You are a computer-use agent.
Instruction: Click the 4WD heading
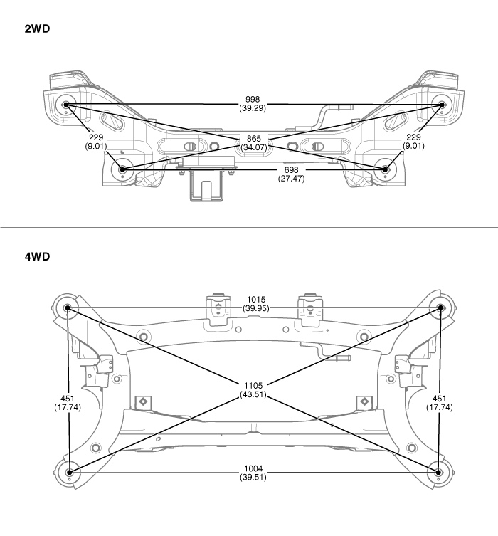click(38, 256)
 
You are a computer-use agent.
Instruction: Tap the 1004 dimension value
click(254, 469)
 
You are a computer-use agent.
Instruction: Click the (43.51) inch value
click(254, 394)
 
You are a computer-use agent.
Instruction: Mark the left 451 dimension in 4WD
click(67, 399)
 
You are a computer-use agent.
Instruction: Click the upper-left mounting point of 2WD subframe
click(66, 105)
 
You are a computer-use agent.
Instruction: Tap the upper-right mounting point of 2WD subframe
click(441, 105)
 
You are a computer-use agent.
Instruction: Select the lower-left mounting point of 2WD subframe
click(123, 170)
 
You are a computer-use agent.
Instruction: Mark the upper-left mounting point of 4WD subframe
click(68, 308)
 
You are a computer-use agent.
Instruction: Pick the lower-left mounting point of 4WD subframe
click(68, 471)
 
